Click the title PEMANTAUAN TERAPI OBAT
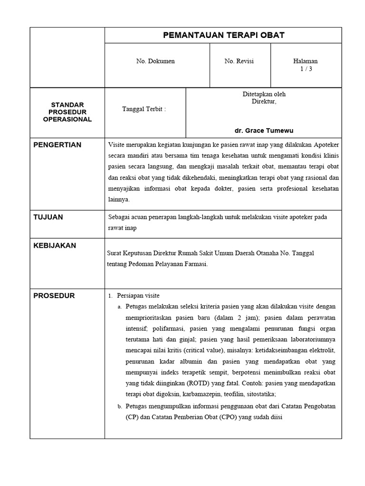point(223,35)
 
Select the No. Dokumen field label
point(155,61)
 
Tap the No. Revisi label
point(239,61)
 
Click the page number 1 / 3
point(306,69)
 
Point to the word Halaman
point(306,61)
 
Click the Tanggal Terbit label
point(144,109)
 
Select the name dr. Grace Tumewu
point(267,130)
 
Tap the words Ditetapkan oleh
point(264,94)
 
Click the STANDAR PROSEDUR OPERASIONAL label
point(67,112)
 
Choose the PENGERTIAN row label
point(58,145)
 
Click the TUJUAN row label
point(48,217)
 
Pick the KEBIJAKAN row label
point(55,245)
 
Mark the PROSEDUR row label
point(54,296)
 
